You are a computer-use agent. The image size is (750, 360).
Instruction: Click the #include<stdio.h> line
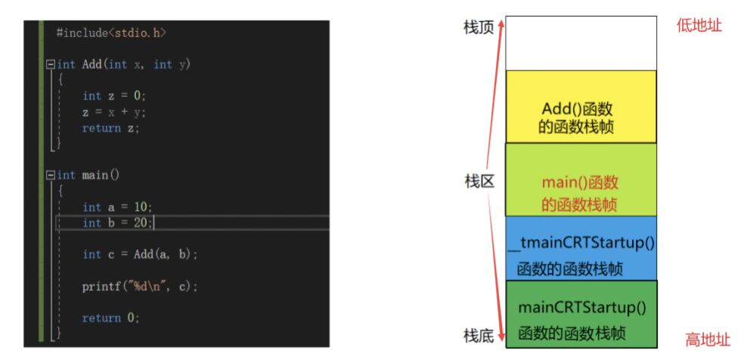point(110,33)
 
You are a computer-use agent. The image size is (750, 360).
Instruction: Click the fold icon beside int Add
point(51,65)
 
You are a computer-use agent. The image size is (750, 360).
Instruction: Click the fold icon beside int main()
point(51,175)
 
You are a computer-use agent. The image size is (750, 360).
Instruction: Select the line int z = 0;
point(113,96)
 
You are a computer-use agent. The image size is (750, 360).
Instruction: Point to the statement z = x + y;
point(113,112)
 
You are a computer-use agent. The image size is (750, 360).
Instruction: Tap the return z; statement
point(111,128)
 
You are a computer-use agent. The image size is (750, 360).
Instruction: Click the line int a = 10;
point(117,207)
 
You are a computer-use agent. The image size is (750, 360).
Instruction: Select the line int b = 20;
point(117,223)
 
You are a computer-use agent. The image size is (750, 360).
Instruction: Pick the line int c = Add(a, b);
point(140,255)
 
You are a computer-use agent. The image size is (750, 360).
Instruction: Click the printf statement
point(140,287)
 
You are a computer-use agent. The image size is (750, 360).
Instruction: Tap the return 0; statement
point(111,318)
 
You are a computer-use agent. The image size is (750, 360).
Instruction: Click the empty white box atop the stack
point(581,43)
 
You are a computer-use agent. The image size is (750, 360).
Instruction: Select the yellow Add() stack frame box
point(581,107)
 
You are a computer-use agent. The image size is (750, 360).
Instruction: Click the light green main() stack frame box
point(581,179)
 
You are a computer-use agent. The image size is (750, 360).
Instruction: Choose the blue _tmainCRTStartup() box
point(581,248)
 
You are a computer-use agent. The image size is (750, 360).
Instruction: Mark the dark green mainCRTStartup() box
point(581,314)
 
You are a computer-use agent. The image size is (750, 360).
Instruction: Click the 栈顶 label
point(479,27)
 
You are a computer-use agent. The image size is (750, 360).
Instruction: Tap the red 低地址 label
point(699,26)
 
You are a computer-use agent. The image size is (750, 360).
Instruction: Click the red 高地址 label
point(708,340)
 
